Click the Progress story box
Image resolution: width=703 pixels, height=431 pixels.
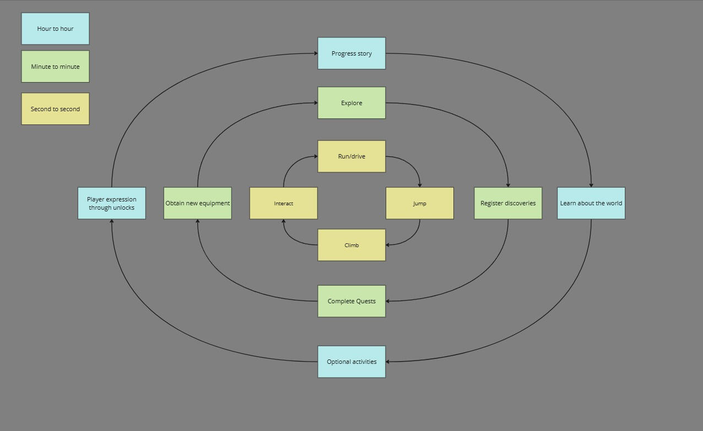pos(351,53)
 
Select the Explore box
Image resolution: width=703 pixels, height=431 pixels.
pos(351,103)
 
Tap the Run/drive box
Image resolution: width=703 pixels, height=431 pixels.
pos(351,156)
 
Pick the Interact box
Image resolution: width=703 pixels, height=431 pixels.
pos(283,203)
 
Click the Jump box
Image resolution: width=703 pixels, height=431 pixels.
pos(419,203)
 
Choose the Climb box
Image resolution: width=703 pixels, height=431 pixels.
pos(351,245)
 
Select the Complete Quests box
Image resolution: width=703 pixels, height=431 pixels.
pos(351,301)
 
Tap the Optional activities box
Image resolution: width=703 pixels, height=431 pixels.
pos(351,362)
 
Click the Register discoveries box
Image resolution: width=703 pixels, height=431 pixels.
pos(508,203)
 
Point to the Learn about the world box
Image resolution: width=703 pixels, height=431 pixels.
pos(591,203)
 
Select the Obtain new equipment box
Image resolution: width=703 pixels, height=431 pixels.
pos(197,203)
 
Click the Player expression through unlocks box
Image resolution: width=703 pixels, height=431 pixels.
pos(111,203)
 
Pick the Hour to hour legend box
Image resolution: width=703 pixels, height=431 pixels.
pos(55,29)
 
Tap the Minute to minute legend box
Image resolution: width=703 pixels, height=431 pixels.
pos(55,67)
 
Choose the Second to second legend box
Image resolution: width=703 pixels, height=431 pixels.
pos(55,109)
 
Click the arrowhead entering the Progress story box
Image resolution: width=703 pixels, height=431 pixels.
pos(316,53)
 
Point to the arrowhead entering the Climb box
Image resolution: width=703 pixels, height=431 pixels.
pos(388,245)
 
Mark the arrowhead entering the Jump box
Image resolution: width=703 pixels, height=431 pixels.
pos(420,185)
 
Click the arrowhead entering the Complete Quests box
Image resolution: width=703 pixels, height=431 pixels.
pos(388,301)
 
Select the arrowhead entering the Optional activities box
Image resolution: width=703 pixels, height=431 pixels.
pos(388,362)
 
